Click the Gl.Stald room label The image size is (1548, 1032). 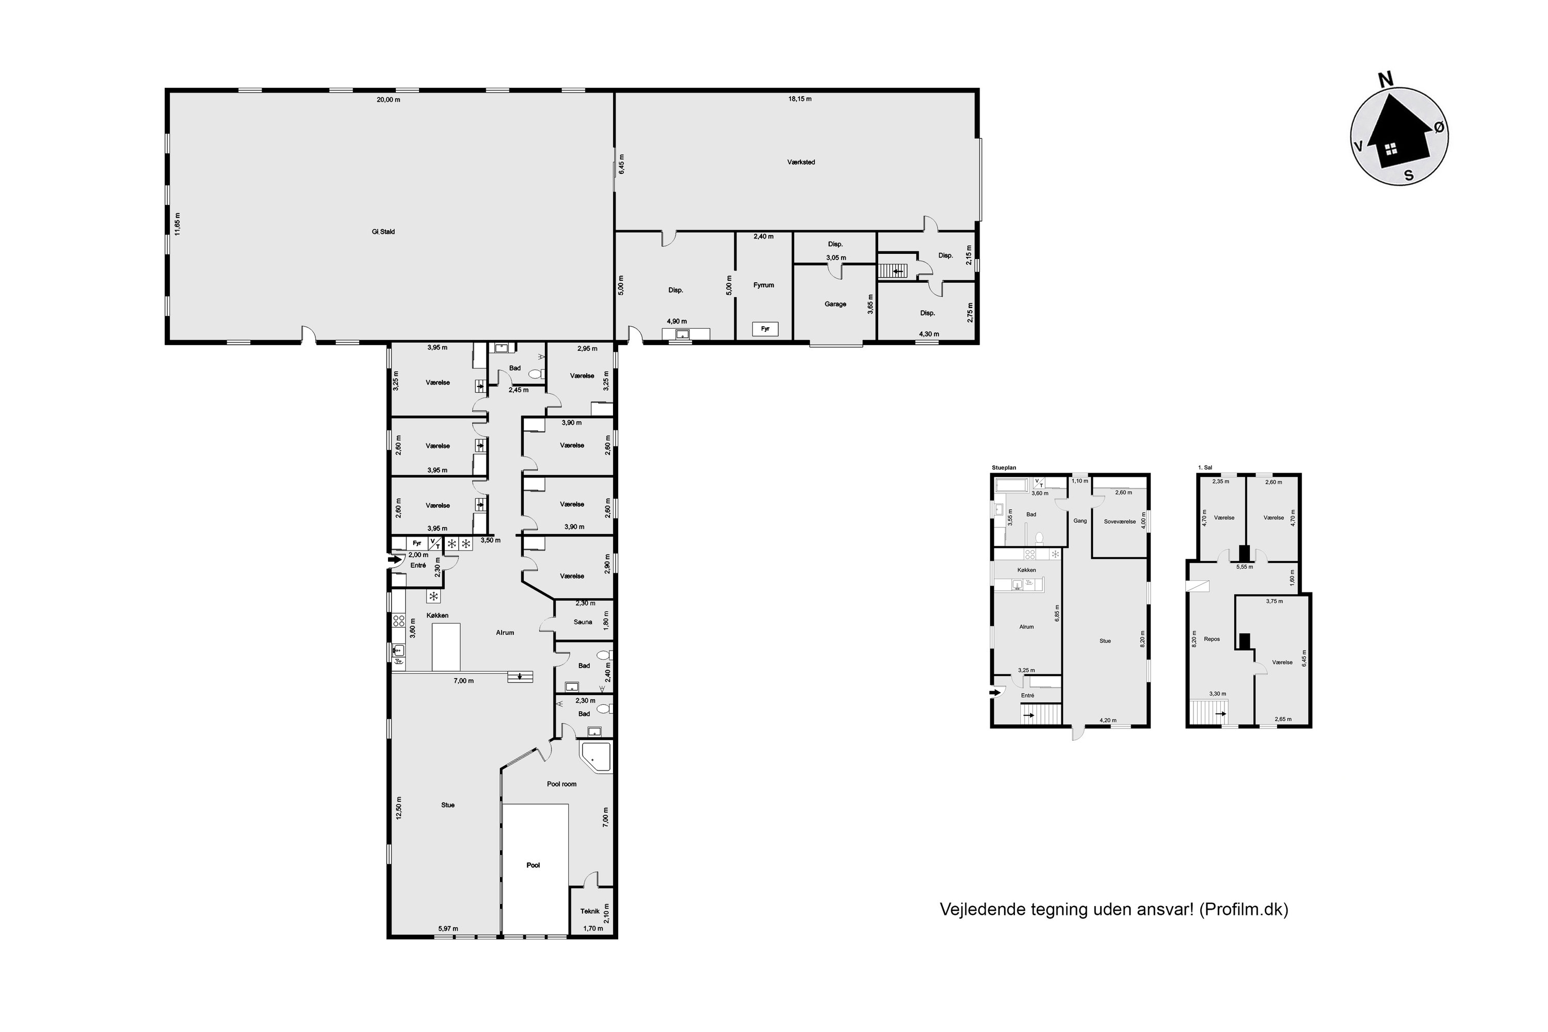383,232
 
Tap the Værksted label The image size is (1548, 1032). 801,162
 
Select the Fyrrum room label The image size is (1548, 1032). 764,285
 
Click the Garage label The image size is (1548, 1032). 835,304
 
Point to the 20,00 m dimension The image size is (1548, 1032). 389,100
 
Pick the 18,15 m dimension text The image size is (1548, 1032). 800,99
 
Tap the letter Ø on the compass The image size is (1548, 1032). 1440,127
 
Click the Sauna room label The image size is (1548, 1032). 583,622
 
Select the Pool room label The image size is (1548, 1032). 561,784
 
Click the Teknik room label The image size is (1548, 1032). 590,912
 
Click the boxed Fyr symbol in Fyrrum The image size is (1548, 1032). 765,328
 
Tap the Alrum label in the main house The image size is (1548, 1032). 505,633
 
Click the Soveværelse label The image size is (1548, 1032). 1120,521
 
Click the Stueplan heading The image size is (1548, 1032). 1004,467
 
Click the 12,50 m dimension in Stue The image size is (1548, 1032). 398,808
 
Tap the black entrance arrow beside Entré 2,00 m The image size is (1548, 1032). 395,560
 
